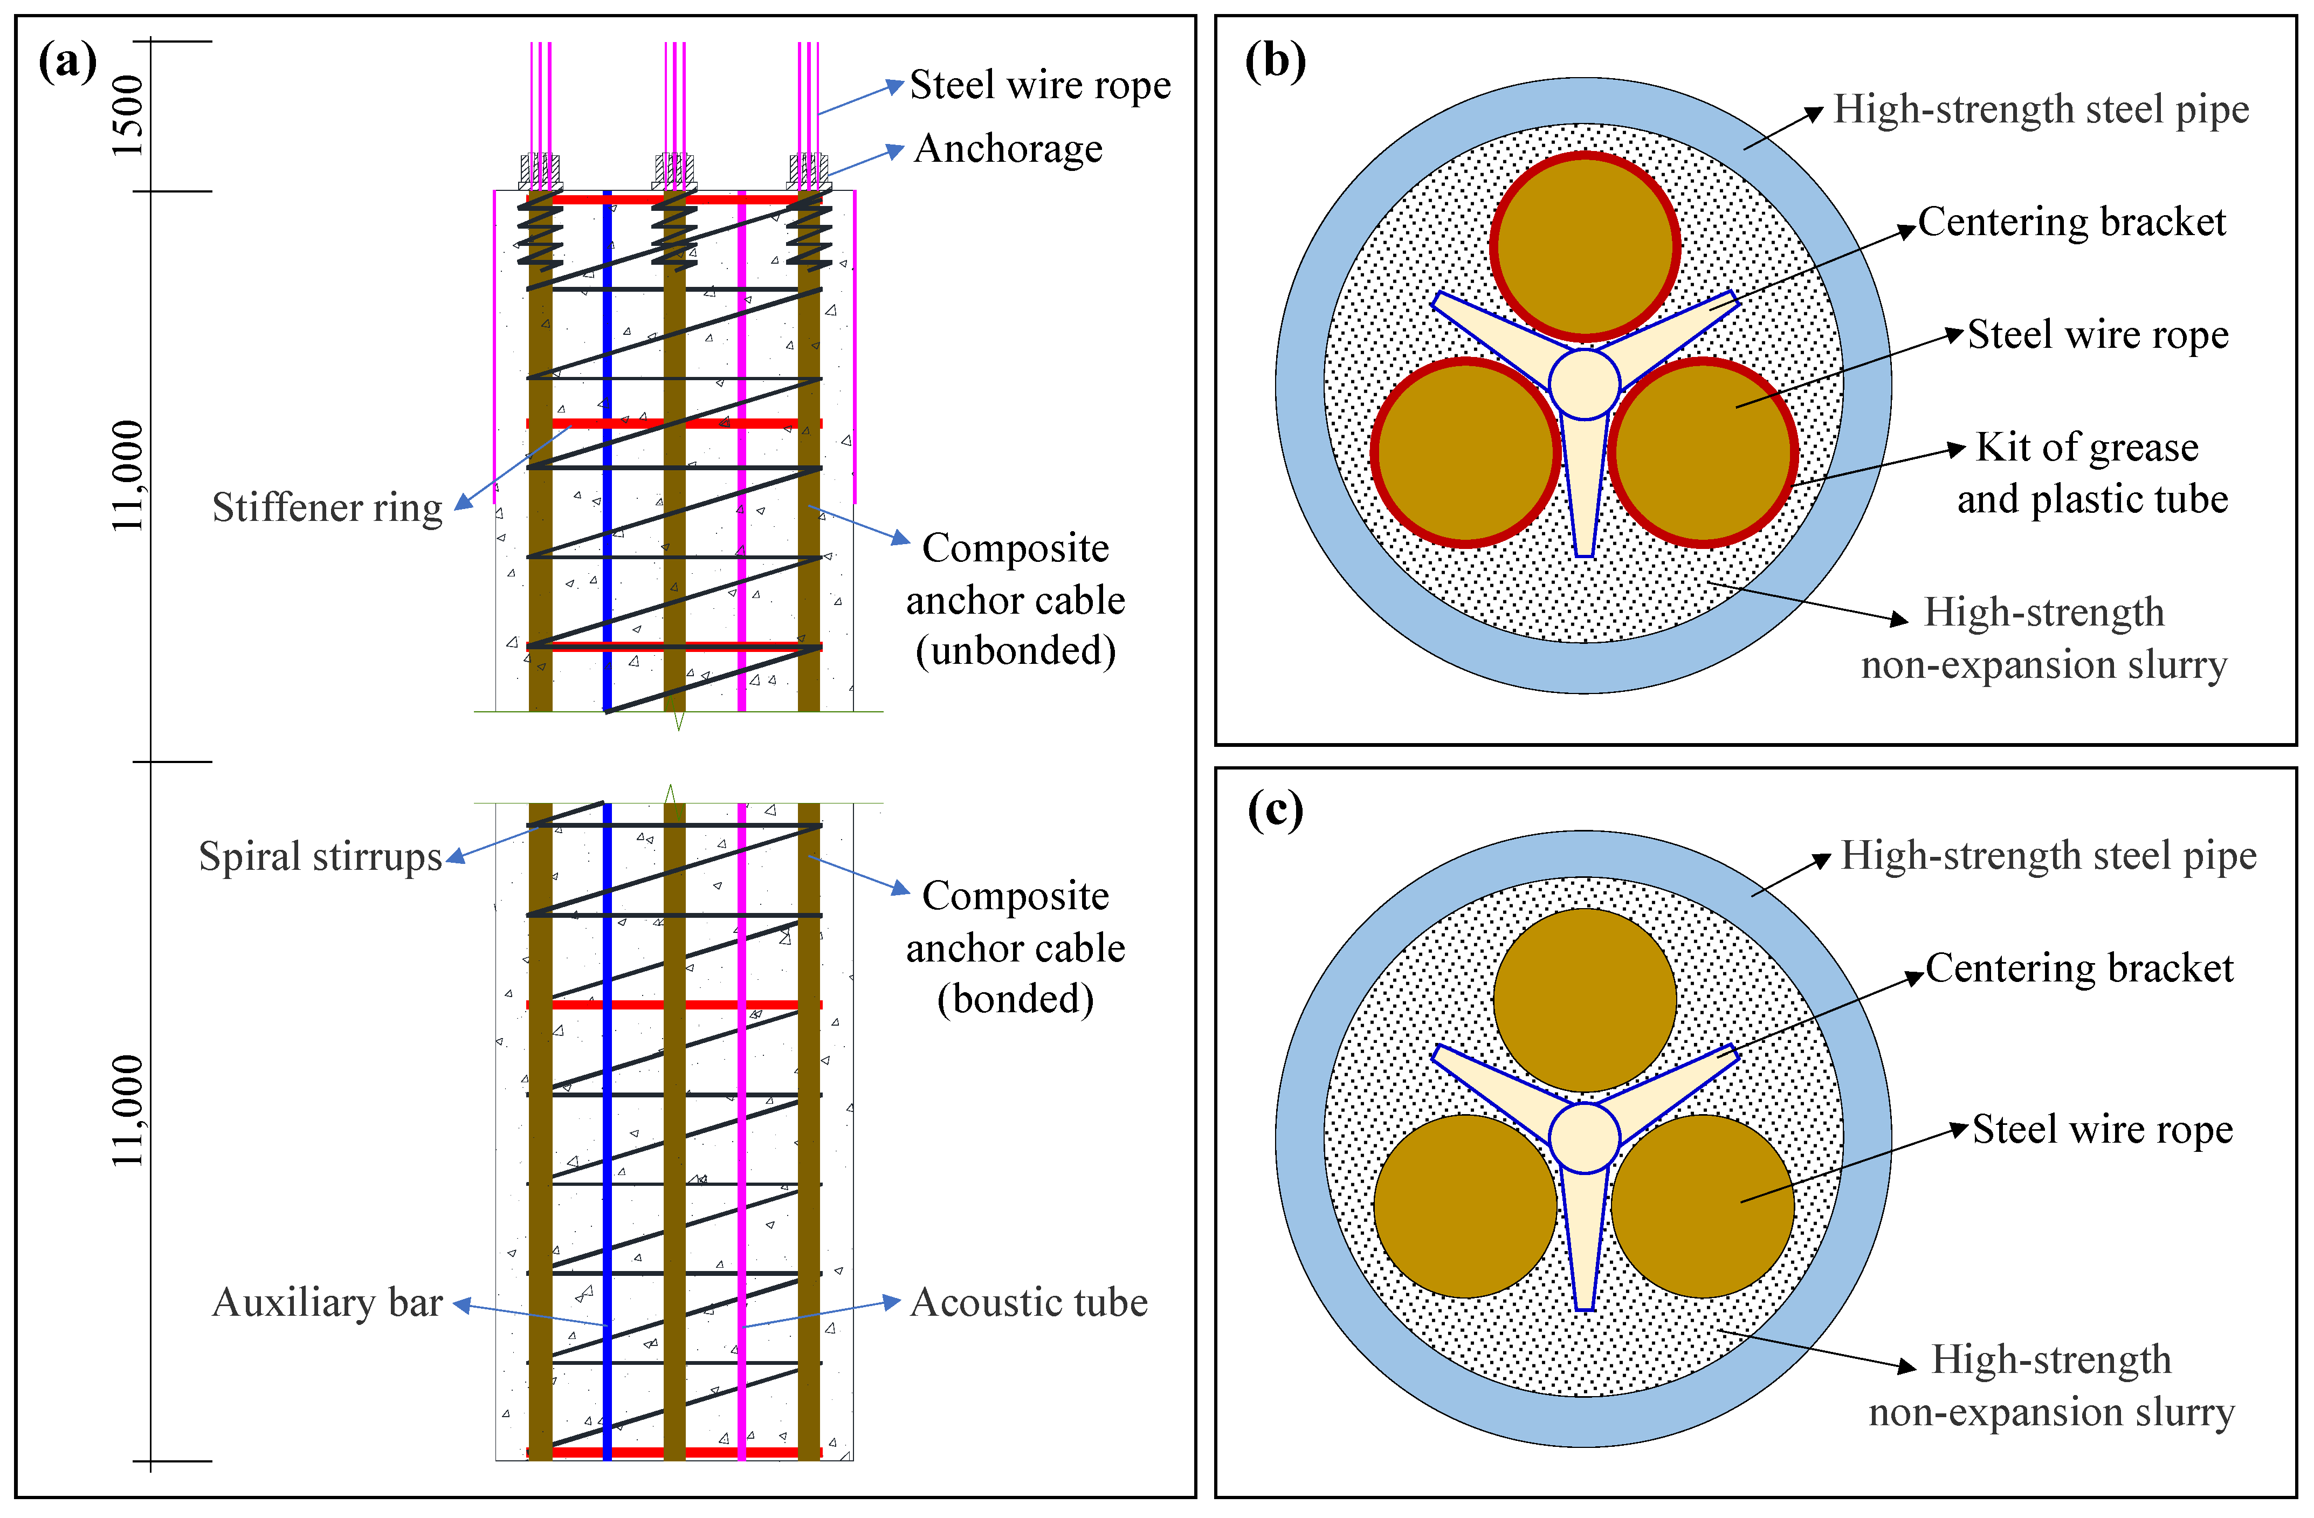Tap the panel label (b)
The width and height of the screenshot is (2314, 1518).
(x=1276, y=62)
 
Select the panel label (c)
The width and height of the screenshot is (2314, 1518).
(x=1276, y=811)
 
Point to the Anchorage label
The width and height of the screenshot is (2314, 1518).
(x=1008, y=149)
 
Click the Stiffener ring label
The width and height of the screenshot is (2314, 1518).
(x=328, y=507)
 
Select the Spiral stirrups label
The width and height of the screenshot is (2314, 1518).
(x=321, y=857)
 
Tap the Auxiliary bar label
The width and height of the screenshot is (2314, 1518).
(x=328, y=1302)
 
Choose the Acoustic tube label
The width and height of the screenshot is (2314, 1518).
(x=1029, y=1302)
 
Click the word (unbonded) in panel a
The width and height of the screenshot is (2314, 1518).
(x=1016, y=650)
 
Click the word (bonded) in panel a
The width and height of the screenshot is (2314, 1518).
(x=1016, y=999)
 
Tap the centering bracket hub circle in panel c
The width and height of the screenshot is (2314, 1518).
(x=1584, y=1138)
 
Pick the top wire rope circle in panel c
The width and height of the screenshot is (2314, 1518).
(x=1585, y=1000)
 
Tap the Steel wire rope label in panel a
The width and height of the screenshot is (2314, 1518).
(x=1041, y=86)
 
